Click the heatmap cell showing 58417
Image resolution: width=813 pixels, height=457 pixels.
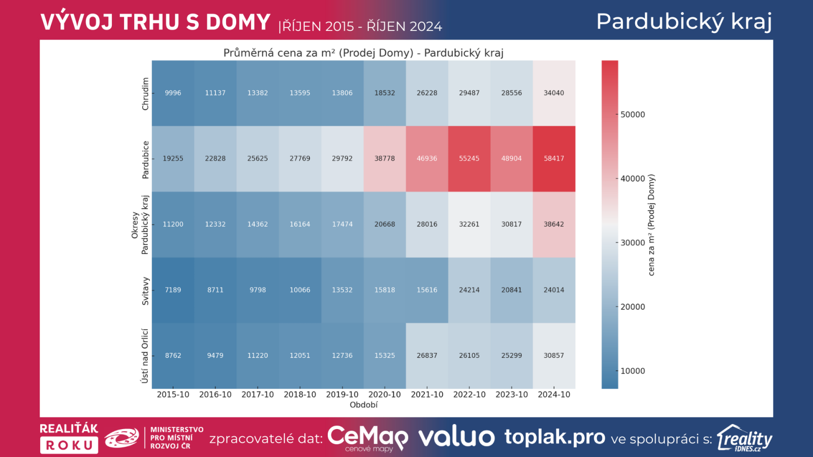coord(554,158)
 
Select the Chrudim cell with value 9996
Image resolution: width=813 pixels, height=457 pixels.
coord(173,93)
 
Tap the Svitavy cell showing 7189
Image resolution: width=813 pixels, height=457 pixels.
coord(173,290)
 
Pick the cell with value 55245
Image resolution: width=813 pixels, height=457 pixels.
coord(469,158)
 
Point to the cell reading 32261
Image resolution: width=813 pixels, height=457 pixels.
coord(469,224)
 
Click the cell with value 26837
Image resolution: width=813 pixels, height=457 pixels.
coord(427,355)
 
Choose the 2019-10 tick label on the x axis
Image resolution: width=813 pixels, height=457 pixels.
coord(342,395)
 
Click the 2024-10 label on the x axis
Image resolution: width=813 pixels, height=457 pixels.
coord(554,395)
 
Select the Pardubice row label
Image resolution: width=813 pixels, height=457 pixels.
coord(145,159)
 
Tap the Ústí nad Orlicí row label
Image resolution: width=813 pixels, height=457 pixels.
coord(145,355)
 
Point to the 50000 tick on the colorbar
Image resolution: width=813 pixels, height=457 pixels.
coord(633,115)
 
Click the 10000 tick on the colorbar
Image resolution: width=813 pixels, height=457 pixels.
coord(633,371)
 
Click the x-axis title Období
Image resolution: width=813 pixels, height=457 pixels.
coord(364,405)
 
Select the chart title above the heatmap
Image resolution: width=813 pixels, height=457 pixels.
coord(363,53)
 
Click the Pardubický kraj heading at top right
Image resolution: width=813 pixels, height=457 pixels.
coord(684,22)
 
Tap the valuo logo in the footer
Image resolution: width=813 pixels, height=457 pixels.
coord(456,437)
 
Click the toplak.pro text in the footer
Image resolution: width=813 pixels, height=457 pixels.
coord(555,437)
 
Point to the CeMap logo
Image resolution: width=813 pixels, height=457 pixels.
coord(367,437)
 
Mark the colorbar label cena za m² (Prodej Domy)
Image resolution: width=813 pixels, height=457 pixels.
coord(651,225)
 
